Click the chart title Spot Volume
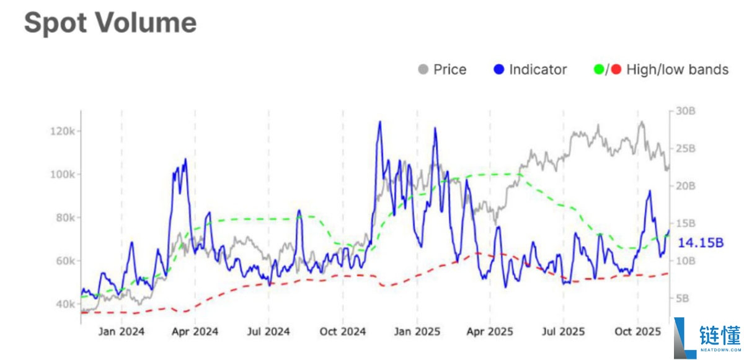click(x=110, y=22)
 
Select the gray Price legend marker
click(x=423, y=69)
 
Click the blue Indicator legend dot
click(x=499, y=69)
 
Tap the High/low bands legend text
click(x=678, y=69)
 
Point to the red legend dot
click(x=616, y=69)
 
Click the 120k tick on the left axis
click(x=63, y=131)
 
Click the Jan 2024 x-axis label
click(x=122, y=331)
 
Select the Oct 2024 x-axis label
click(x=342, y=331)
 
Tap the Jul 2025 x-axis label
click(x=563, y=331)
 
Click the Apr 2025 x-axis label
click(x=490, y=331)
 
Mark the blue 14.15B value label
click(x=701, y=242)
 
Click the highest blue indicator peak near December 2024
click(x=379, y=122)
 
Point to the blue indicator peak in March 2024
click(x=185, y=160)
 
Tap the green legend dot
click(x=598, y=69)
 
